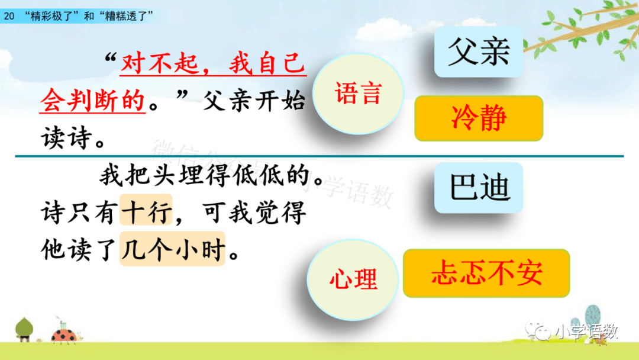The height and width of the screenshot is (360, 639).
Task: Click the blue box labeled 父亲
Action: (479, 52)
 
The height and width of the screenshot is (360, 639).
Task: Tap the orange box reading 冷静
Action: (479, 118)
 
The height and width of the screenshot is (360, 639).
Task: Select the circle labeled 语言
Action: (358, 94)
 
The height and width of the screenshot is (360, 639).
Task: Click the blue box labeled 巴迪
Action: (479, 188)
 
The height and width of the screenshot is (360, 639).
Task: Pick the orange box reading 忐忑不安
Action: (486, 273)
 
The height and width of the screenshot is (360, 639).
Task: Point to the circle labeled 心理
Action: (353, 279)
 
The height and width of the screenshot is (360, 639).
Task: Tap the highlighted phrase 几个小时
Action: (172, 249)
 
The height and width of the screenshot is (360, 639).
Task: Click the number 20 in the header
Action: (8, 17)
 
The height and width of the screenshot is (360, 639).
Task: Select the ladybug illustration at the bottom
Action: (65, 335)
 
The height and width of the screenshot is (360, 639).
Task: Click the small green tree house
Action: (24, 329)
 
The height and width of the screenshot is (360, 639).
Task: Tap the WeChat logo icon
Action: (538, 330)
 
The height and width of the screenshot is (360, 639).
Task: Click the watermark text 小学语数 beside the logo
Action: (587, 332)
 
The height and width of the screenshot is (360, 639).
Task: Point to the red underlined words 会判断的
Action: (93, 100)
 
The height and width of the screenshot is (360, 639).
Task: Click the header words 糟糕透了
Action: (125, 17)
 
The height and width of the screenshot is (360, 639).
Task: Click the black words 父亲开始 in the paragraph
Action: (254, 101)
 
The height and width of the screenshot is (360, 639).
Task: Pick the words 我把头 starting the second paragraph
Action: (138, 175)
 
